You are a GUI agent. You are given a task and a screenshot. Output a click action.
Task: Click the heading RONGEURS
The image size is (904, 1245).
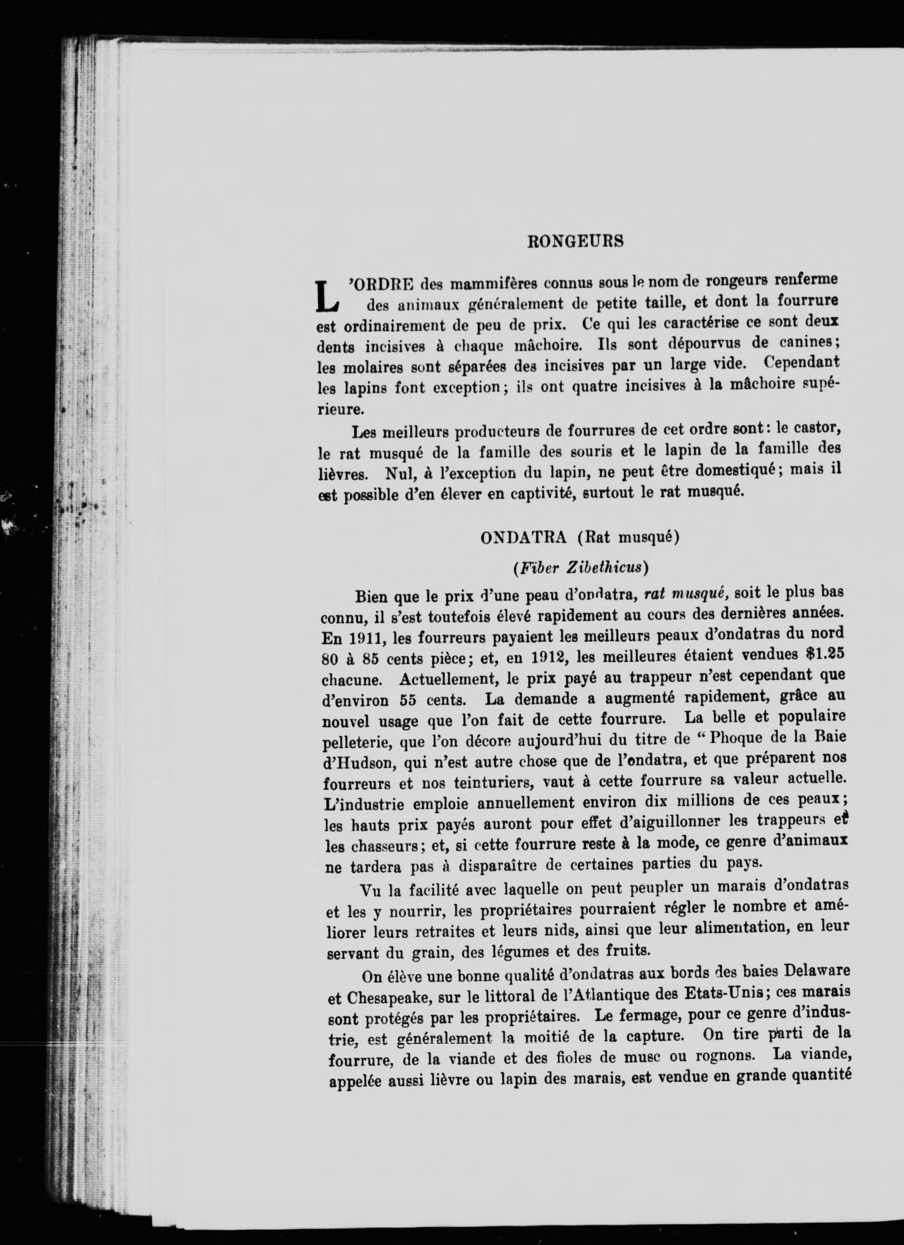(575, 242)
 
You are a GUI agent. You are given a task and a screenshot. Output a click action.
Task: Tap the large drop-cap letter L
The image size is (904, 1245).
(328, 297)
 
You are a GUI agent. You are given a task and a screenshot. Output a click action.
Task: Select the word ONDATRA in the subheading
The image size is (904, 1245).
(523, 537)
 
